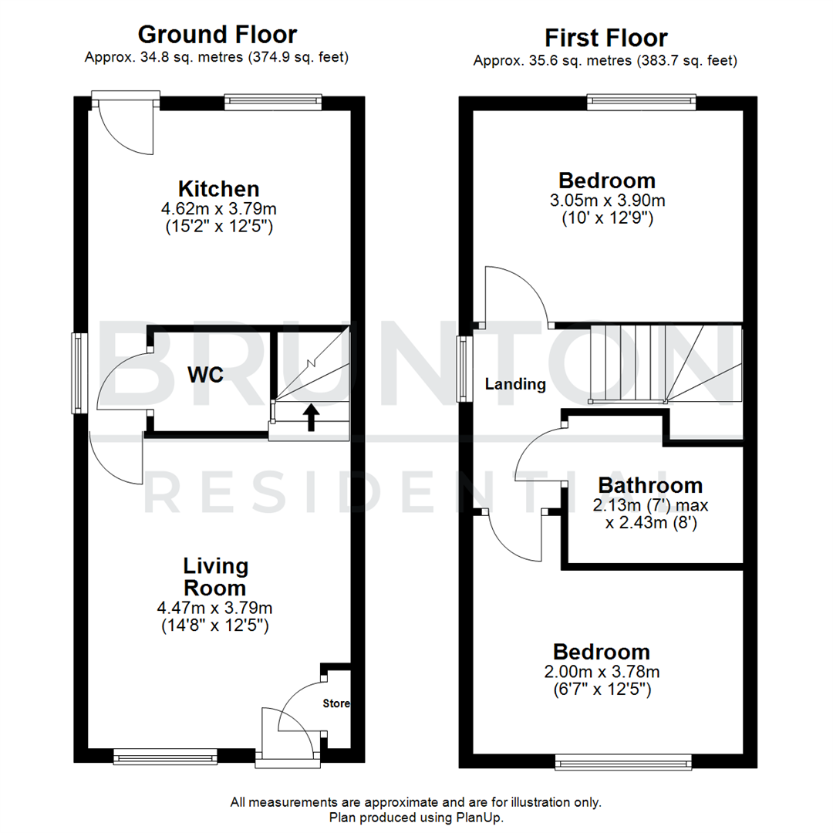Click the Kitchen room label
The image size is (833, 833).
coord(218,188)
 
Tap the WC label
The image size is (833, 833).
coord(205,375)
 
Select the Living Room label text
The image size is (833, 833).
coord(216,576)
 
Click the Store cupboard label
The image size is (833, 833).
coord(336,703)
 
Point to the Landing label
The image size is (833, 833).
coord(515,384)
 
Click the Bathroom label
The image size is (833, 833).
coord(650,485)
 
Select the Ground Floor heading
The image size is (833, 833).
coord(217,35)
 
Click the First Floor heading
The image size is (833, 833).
coord(605,38)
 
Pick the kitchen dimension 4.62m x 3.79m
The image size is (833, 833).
coord(218,208)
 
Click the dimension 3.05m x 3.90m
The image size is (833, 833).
coord(607,201)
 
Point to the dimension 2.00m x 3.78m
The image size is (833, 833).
coord(602,672)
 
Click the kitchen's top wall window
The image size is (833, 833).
coord(273,101)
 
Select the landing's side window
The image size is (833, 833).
coord(464,369)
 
